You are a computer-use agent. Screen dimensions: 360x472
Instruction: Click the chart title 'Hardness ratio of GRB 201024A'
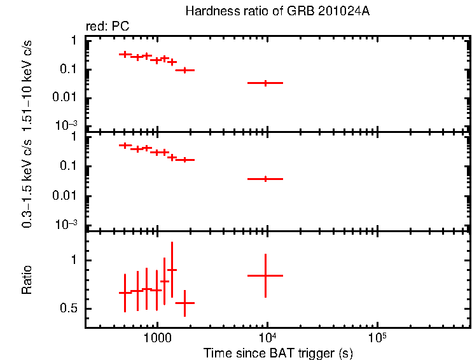[277, 11]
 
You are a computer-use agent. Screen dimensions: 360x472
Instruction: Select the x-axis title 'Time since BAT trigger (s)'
[277, 352]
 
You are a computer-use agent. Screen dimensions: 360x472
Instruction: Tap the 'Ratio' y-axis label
[27, 279]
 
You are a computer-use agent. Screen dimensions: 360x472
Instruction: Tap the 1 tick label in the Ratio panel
[74, 261]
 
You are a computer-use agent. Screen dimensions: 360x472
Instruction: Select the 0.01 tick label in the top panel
[64, 97]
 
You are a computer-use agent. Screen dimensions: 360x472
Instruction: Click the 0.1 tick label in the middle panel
[67, 167]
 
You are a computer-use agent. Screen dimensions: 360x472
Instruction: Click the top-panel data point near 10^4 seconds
[265, 83]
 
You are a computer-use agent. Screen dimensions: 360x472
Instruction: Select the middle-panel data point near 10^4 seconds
[265, 179]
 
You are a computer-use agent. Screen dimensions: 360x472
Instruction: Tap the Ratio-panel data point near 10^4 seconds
[265, 275]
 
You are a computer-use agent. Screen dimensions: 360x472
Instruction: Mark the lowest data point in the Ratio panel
[184, 303]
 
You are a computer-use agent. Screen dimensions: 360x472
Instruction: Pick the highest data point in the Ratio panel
[172, 270]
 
